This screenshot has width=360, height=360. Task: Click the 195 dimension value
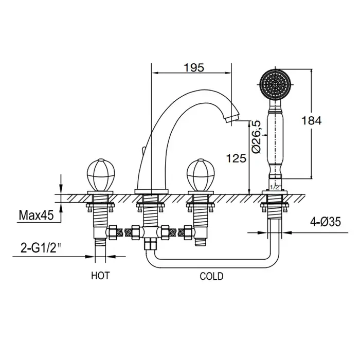[x=194, y=67]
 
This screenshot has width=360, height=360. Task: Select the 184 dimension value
[x=311, y=121]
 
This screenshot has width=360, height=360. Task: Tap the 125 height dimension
[x=236, y=158]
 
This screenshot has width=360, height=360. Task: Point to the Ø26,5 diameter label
[x=257, y=136]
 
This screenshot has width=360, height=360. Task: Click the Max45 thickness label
[x=37, y=215]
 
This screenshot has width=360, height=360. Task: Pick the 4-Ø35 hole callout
[x=326, y=222]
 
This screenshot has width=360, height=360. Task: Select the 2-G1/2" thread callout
[x=41, y=248]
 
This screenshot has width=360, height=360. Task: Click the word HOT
[x=101, y=276]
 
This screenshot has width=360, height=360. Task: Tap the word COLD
[x=211, y=276]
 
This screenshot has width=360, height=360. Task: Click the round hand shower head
[x=275, y=84]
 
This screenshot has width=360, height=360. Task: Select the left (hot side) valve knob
[x=100, y=174]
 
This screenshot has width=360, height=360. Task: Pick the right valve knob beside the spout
[x=200, y=174]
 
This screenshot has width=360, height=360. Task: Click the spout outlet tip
[x=232, y=119]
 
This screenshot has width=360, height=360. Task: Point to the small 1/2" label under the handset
[x=275, y=187]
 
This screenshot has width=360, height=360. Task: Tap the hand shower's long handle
[x=275, y=139]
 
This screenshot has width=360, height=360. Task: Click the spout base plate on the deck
[x=152, y=191]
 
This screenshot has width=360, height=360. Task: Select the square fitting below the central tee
[x=150, y=244]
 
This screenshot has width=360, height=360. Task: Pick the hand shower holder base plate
[x=275, y=192]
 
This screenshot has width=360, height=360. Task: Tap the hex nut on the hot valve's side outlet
[x=112, y=232]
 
